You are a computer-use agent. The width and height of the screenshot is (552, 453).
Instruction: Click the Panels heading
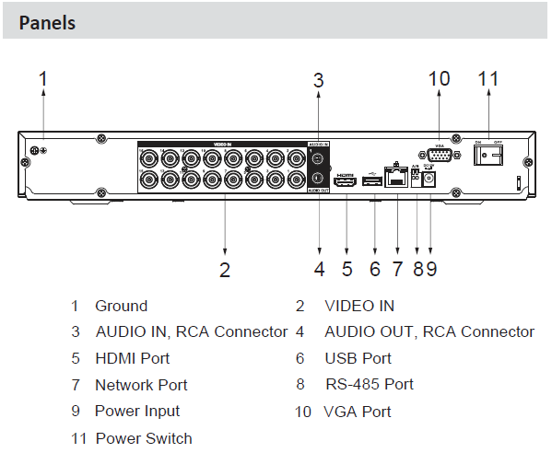(x=47, y=23)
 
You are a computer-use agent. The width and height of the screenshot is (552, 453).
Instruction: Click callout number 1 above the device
(x=42, y=79)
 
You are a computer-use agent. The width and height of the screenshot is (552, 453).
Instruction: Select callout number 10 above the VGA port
(x=439, y=79)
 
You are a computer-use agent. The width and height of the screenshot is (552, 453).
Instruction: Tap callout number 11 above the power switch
(x=487, y=79)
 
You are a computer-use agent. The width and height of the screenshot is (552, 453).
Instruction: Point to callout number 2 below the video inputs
(x=224, y=270)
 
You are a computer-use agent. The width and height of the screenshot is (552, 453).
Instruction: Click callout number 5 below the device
(x=346, y=270)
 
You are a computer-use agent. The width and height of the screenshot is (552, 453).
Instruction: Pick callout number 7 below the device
(x=397, y=270)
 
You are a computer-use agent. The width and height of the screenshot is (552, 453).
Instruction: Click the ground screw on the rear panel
(x=34, y=151)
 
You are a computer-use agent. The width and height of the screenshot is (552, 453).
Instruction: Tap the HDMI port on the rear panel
(x=346, y=183)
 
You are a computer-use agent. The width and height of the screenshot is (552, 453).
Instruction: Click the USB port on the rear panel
(x=373, y=182)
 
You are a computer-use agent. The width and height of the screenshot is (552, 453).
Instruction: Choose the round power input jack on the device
(x=429, y=181)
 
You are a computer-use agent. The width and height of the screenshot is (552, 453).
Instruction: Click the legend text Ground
(x=121, y=306)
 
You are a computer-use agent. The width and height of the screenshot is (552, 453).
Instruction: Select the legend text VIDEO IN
(x=359, y=306)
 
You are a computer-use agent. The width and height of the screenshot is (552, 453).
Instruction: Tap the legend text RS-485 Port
(x=370, y=384)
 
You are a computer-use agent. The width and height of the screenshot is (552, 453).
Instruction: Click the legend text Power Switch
(x=144, y=437)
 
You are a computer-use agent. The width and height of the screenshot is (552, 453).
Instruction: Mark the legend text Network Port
(x=141, y=385)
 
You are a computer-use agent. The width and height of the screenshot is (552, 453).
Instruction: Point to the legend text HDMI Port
(x=132, y=358)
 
